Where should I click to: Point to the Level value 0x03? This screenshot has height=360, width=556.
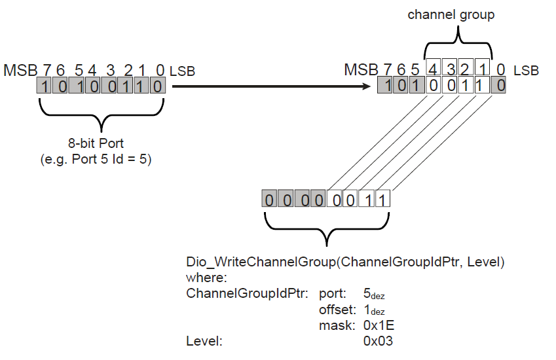pyautogui.click(x=379, y=340)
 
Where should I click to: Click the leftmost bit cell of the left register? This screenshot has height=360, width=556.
pyautogui.click(x=44, y=86)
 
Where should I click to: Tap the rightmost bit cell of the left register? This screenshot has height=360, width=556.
pyautogui.click(x=157, y=86)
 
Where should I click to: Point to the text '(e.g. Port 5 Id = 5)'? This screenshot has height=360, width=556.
pyautogui.click(x=96, y=159)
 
